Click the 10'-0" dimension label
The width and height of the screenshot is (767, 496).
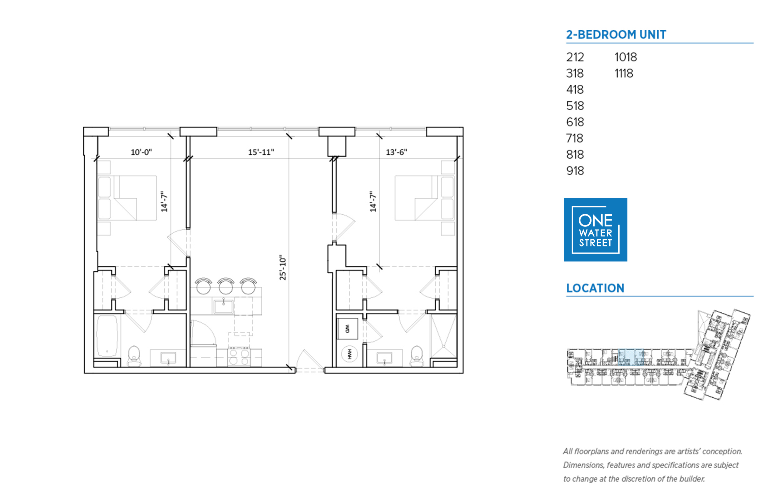click(x=141, y=152)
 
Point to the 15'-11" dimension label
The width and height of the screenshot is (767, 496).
click(x=261, y=152)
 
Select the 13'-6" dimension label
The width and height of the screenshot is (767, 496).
click(x=396, y=152)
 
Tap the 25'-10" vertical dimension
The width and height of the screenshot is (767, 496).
click(x=282, y=267)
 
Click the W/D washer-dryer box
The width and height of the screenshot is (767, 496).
click(x=347, y=329)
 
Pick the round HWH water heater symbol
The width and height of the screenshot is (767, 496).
click(x=349, y=354)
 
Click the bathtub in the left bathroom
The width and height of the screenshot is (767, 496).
click(x=107, y=336)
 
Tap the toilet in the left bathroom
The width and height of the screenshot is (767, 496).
click(x=134, y=356)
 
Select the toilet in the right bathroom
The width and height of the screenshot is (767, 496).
click(x=417, y=356)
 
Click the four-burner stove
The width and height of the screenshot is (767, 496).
click(x=239, y=357)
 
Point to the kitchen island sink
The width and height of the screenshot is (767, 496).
click(x=224, y=306)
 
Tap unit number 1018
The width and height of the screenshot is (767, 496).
click(x=625, y=57)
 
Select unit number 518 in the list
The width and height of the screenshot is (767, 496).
click(x=575, y=106)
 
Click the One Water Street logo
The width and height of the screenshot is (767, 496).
click(x=595, y=230)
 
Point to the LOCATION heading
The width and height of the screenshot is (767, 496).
click(x=595, y=288)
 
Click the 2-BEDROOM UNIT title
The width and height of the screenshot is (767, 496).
click(x=616, y=34)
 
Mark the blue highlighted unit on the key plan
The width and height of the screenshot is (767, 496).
click(x=631, y=357)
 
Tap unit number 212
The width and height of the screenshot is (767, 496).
click(x=575, y=57)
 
